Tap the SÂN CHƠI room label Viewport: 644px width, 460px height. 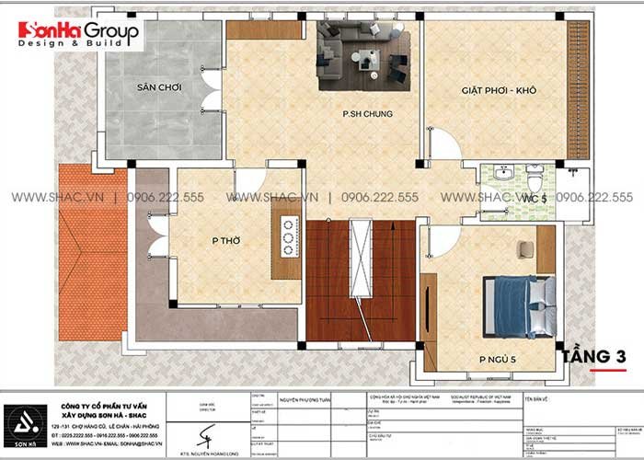tap(158, 87)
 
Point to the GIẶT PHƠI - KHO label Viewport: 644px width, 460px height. tap(499, 91)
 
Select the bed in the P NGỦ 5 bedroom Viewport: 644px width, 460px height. tap(518, 305)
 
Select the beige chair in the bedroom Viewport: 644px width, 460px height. tap(524, 250)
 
